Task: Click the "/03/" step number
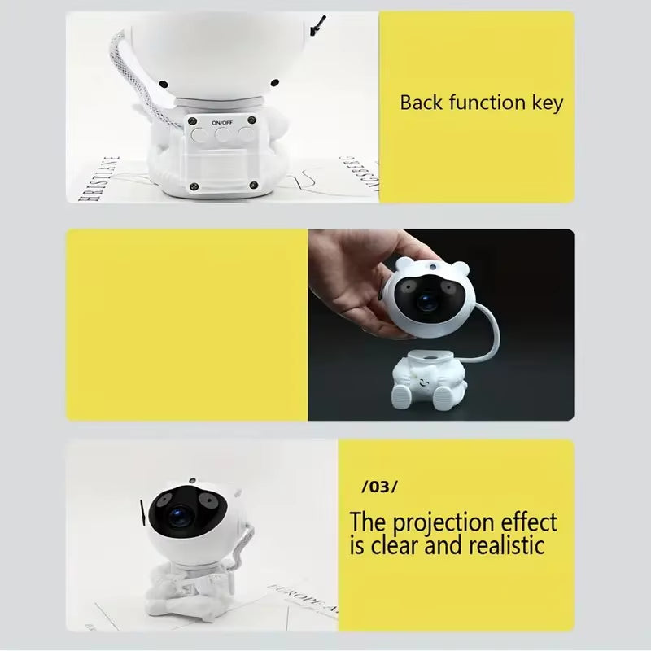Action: [x=379, y=487]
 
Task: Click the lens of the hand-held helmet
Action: [x=426, y=302]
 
